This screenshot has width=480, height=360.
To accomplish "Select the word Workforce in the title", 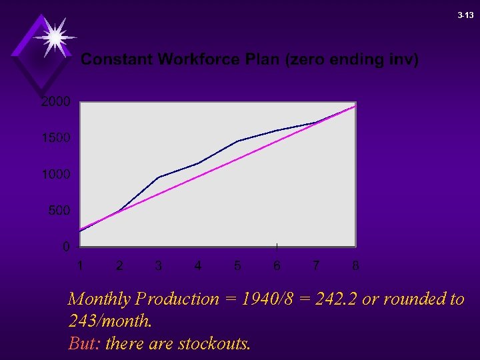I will click(197, 60).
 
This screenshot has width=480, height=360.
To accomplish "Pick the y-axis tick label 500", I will click(59, 211).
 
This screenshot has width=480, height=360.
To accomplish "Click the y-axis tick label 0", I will click(66, 247).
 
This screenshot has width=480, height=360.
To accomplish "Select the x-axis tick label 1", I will click(80, 266).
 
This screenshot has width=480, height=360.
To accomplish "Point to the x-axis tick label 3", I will click(159, 266).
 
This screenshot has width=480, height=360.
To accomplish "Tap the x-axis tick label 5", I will click(237, 266).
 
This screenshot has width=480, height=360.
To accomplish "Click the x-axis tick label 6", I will click(277, 266).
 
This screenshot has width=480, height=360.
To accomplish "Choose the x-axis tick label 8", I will click(355, 266).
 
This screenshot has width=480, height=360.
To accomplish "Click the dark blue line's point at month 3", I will click(159, 177).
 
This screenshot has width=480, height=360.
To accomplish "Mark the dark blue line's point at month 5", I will click(237, 141).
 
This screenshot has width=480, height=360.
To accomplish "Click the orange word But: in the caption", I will click(85, 344).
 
